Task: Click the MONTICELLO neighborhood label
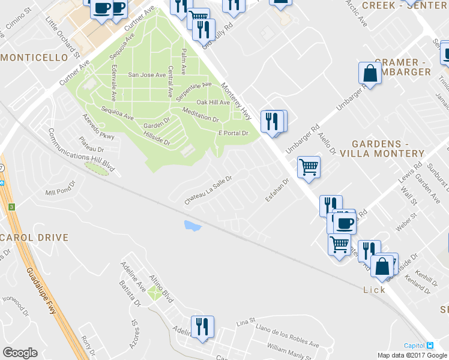(34, 58)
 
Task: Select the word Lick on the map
(374, 289)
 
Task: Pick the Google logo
(20, 353)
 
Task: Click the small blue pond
(193, 226)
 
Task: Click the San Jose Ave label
(147, 75)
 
